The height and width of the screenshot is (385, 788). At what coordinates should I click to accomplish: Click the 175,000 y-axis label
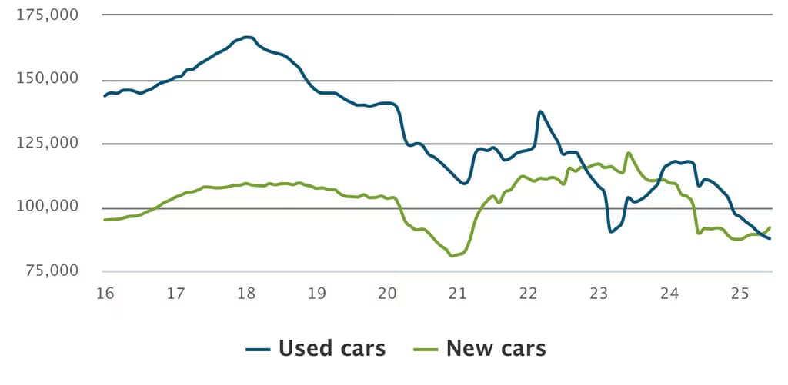click(x=48, y=15)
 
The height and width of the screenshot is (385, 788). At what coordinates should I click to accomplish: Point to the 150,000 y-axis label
click(x=48, y=79)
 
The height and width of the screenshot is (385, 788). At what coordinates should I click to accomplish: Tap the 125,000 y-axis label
click(x=48, y=143)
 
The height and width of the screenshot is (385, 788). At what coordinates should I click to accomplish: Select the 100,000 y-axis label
click(x=48, y=207)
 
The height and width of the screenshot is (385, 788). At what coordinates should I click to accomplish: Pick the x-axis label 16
click(x=105, y=294)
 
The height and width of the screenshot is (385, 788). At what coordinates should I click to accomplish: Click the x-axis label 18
click(x=246, y=294)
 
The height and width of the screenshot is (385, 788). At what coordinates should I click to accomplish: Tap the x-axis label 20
click(x=387, y=294)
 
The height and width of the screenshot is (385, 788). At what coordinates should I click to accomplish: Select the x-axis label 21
click(x=458, y=294)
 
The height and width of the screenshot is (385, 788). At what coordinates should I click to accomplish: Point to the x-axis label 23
click(x=599, y=294)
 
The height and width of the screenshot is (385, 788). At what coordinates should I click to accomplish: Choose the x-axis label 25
click(x=740, y=294)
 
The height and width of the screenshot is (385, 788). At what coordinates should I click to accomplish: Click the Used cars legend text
click(x=332, y=348)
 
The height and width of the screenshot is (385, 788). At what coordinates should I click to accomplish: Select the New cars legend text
click(x=496, y=348)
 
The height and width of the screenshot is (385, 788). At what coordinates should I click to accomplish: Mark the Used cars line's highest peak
click(x=246, y=37)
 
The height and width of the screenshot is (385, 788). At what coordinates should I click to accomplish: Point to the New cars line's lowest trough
click(x=452, y=256)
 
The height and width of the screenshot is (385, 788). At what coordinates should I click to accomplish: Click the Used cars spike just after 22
click(x=540, y=112)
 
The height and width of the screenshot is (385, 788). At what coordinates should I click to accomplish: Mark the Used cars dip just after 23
click(x=610, y=231)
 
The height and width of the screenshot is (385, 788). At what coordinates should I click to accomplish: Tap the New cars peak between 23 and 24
click(x=629, y=153)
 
